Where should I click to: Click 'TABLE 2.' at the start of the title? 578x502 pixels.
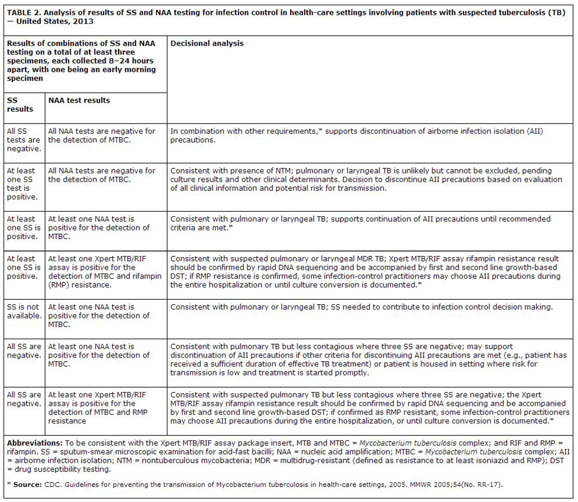(x=24, y=13)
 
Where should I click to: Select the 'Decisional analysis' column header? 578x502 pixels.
(x=207, y=44)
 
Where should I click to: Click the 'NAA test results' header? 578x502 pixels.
(x=79, y=100)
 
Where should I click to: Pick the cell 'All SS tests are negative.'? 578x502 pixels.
(x=23, y=140)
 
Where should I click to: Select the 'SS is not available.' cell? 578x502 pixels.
(x=23, y=311)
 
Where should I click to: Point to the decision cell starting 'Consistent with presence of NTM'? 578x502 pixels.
(x=366, y=179)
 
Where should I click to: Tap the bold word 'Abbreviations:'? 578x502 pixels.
(x=35, y=443)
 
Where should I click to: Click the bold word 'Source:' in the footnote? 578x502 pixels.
(x=28, y=485)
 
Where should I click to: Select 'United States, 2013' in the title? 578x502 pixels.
(x=55, y=22)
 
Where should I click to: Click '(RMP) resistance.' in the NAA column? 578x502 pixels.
(x=80, y=285)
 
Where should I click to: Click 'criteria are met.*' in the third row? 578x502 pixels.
(x=201, y=228)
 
